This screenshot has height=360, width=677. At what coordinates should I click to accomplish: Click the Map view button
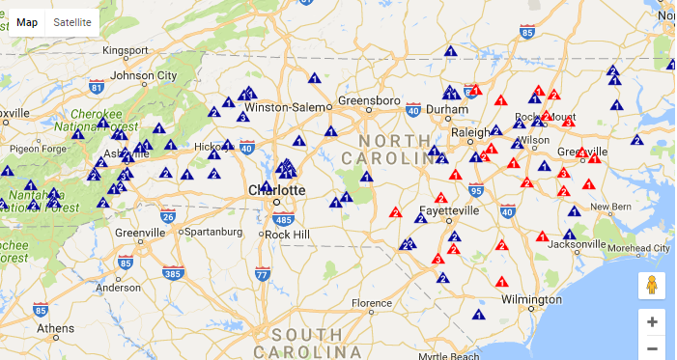[x=27, y=22]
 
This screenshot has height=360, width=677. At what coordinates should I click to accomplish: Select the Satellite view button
[x=72, y=22]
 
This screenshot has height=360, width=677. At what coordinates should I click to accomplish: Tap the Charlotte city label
[x=277, y=190]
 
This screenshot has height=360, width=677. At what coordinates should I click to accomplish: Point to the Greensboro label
[x=368, y=99]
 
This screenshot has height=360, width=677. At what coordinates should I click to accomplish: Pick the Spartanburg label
[x=212, y=232]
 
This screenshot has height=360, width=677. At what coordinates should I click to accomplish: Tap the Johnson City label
[x=145, y=75]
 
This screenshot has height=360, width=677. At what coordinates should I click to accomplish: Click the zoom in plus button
[x=652, y=321]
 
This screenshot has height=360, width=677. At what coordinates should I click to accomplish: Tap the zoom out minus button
[x=652, y=348]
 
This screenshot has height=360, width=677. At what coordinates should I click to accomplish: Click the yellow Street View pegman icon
[x=652, y=285]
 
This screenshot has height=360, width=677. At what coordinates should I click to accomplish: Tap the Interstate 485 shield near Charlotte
[x=283, y=218]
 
